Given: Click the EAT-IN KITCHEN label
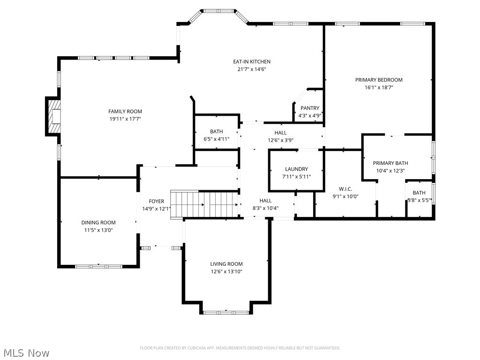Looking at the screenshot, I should click(x=252, y=61).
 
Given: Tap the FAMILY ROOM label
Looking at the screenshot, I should click(x=125, y=112).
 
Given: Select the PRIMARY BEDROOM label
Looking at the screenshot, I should click(x=378, y=80).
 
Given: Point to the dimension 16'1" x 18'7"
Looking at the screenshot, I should click(x=378, y=87).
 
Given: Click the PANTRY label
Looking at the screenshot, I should click(x=310, y=108).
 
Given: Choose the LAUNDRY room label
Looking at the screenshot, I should click(x=296, y=169).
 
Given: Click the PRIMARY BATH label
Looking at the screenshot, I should click(x=390, y=163).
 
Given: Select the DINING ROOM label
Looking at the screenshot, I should click(x=98, y=223).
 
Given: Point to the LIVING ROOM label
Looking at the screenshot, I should click(x=226, y=264).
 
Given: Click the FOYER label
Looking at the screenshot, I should click(x=156, y=201).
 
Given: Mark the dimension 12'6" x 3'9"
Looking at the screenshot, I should click(x=280, y=140).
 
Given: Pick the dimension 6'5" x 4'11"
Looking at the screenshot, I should click(x=216, y=139).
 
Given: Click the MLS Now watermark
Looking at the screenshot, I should click(x=26, y=352).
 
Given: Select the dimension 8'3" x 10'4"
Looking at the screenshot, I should click(x=265, y=208).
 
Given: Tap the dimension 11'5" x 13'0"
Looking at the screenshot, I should click(x=98, y=230).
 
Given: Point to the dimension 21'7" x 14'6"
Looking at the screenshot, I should click(x=252, y=69).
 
